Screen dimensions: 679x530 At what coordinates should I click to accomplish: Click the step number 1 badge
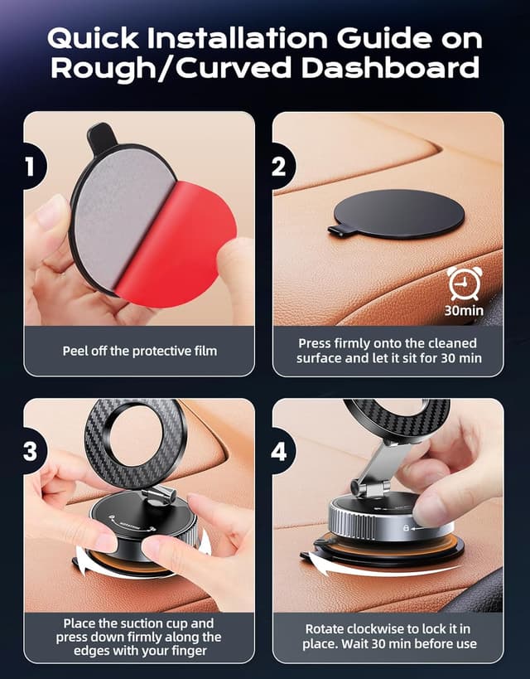(x=31, y=166)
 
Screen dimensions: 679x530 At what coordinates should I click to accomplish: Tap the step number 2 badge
(x=280, y=166)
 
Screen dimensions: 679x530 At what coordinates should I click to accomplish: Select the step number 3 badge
(x=31, y=452)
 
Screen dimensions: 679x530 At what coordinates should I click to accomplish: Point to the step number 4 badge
(x=280, y=452)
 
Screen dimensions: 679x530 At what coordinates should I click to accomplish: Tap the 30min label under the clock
(x=462, y=312)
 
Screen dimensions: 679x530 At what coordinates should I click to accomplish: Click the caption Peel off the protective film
(x=139, y=351)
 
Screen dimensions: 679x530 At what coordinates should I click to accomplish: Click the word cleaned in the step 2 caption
(x=458, y=343)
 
